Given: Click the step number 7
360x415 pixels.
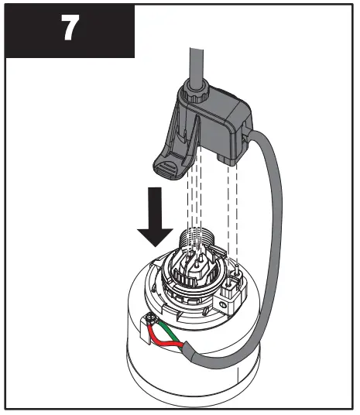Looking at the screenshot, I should [x=70, y=29].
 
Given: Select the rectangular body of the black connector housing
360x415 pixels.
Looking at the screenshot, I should [x=221, y=124].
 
